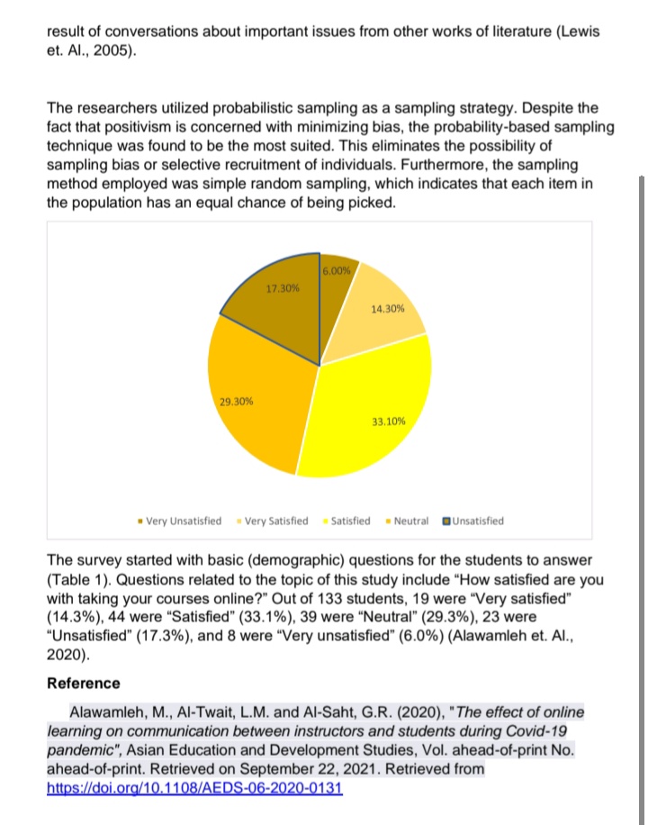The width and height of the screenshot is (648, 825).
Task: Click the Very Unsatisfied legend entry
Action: [180, 521]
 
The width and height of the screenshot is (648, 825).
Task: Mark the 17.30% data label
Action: [283, 288]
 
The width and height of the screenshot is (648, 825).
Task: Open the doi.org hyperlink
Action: [194, 788]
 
